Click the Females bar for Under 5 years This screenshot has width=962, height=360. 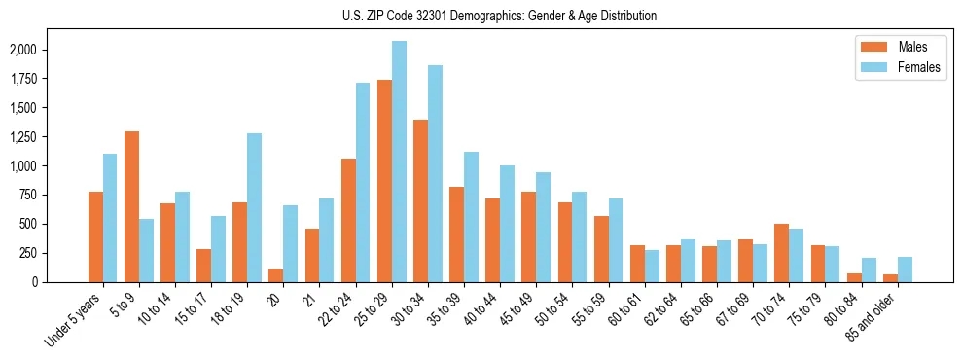coord(110,218)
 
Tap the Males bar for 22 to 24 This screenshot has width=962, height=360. coord(348,220)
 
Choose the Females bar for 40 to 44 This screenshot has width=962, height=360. coord(507,224)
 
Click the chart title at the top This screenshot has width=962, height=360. coord(499,16)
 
